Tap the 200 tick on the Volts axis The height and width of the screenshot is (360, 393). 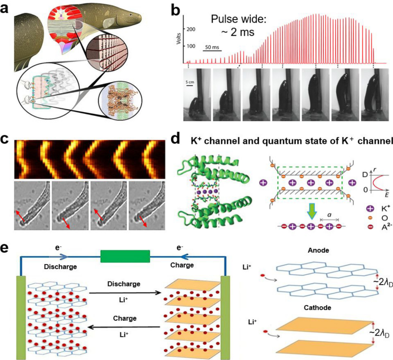click(x=191, y=29)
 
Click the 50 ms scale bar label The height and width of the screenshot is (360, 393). click(x=212, y=47)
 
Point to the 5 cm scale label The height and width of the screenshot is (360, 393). click(x=189, y=82)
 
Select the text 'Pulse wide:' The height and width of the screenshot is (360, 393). click(x=238, y=20)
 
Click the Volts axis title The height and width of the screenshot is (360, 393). click(x=179, y=37)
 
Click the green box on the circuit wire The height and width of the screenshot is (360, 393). click(x=125, y=257)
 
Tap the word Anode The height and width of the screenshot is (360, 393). click(x=318, y=250)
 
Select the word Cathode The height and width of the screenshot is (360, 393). click(x=317, y=308)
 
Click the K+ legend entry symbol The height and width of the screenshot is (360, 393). click(x=370, y=209)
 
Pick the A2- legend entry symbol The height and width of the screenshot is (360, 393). click(x=370, y=227)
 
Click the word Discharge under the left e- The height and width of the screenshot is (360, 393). click(x=60, y=267)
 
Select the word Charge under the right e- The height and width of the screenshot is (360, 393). click(x=182, y=265)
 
